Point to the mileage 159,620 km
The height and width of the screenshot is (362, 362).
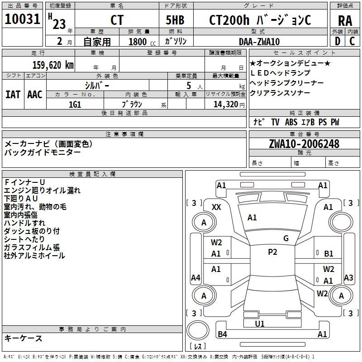point(53,65)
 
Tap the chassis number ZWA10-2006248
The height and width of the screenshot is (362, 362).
point(304,144)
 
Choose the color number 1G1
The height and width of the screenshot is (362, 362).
point(75,104)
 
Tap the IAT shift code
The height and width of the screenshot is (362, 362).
point(13,94)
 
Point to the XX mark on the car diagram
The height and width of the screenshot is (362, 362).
point(216,207)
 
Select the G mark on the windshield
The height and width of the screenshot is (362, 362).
point(286,238)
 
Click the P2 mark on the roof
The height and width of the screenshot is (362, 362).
point(272,252)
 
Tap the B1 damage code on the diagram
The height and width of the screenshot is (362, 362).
point(329,254)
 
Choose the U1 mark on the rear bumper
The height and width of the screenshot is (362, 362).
point(260,324)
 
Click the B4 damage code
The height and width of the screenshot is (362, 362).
point(222,334)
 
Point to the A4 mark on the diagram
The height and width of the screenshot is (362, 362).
point(195,277)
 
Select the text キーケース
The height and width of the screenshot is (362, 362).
point(24,338)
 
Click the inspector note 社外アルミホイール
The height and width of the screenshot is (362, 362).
point(34,256)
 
